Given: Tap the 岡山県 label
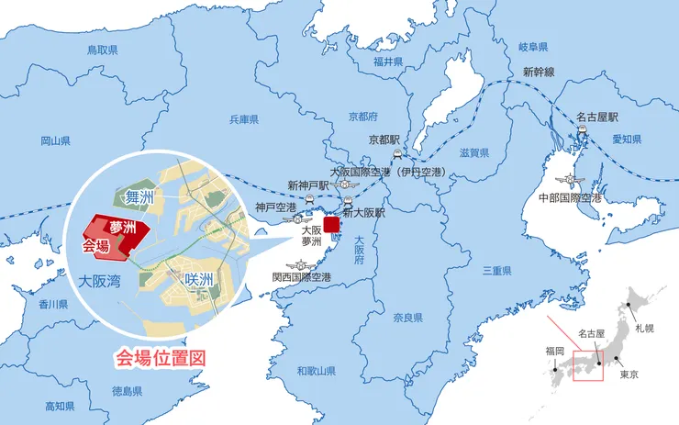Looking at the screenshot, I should [56, 141].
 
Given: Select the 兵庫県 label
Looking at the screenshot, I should [243, 119].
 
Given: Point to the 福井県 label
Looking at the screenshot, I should [388, 62].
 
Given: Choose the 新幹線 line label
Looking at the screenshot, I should [539, 72].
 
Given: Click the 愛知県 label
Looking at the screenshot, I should [627, 140].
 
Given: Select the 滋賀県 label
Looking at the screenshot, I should [473, 152].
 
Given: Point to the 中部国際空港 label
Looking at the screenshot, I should [569, 197].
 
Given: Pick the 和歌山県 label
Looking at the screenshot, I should [317, 371].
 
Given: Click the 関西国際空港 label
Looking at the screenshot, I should [301, 276].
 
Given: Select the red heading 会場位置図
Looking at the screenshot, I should [158, 357].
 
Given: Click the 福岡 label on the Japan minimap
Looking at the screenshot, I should [554, 351].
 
